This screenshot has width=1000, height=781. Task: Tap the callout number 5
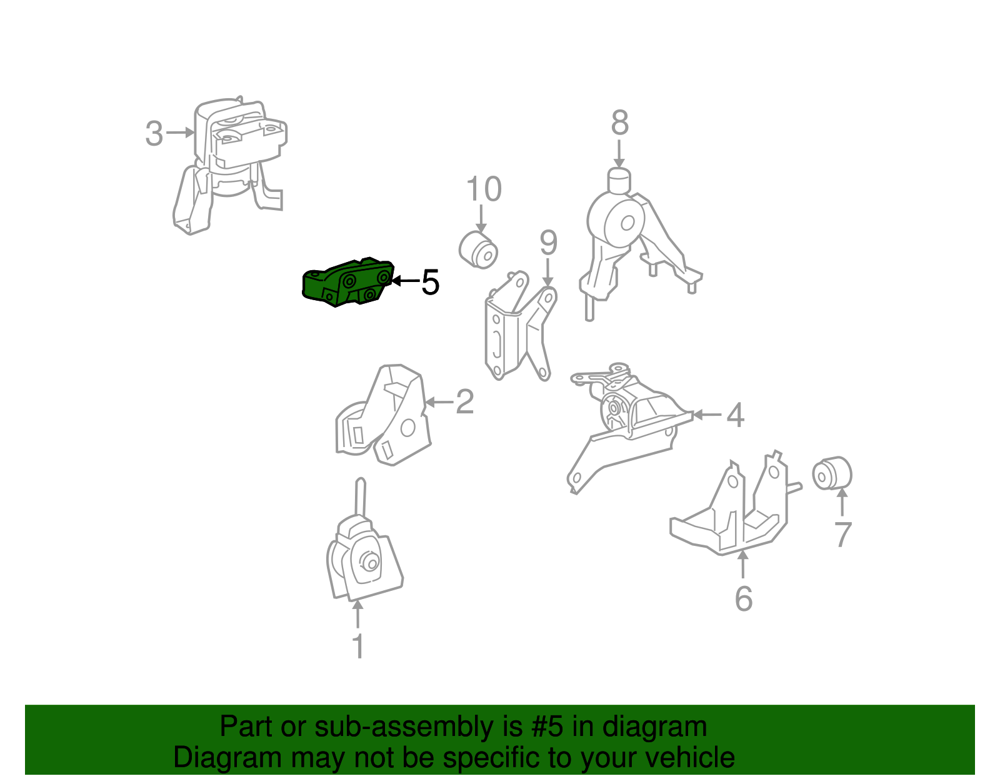pyautogui.click(x=430, y=282)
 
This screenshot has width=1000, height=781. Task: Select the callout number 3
pyautogui.click(x=154, y=134)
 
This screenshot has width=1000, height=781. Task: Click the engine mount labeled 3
pyautogui.click(x=229, y=166)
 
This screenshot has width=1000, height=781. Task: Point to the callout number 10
pyautogui.click(x=484, y=189)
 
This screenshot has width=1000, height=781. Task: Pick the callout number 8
pyautogui.click(x=620, y=123)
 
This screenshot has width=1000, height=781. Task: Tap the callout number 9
pyautogui.click(x=548, y=243)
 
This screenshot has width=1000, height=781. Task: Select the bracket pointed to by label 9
pyautogui.click(x=520, y=326)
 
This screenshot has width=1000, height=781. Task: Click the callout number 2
pyautogui.click(x=464, y=402)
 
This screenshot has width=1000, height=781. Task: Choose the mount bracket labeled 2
pyautogui.click(x=383, y=415)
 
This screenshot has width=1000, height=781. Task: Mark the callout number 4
pyautogui.click(x=735, y=415)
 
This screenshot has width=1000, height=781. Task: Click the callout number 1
pyautogui.click(x=358, y=646)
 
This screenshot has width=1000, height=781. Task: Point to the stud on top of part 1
pyautogui.click(x=361, y=499)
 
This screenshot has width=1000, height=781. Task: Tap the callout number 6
pyautogui.click(x=744, y=599)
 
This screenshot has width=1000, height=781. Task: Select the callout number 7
pyautogui.click(x=842, y=534)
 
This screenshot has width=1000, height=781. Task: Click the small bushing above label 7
pyautogui.click(x=832, y=473)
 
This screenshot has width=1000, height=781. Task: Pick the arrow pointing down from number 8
pyautogui.click(x=619, y=154)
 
